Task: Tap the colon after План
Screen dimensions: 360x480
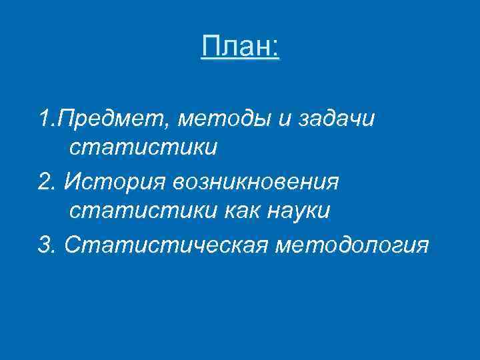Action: [x=275, y=48]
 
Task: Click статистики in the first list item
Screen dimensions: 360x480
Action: [x=143, y=148]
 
